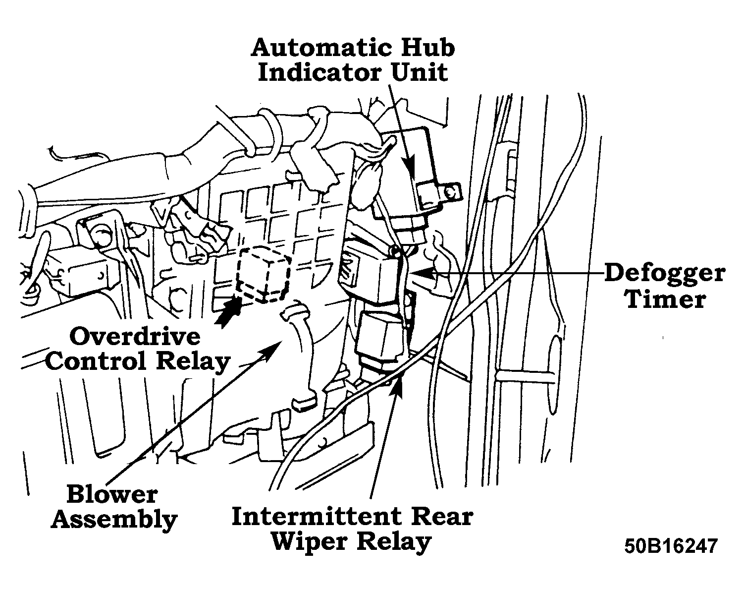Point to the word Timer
665,299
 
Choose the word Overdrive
135,337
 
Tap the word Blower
112,494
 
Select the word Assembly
114,520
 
